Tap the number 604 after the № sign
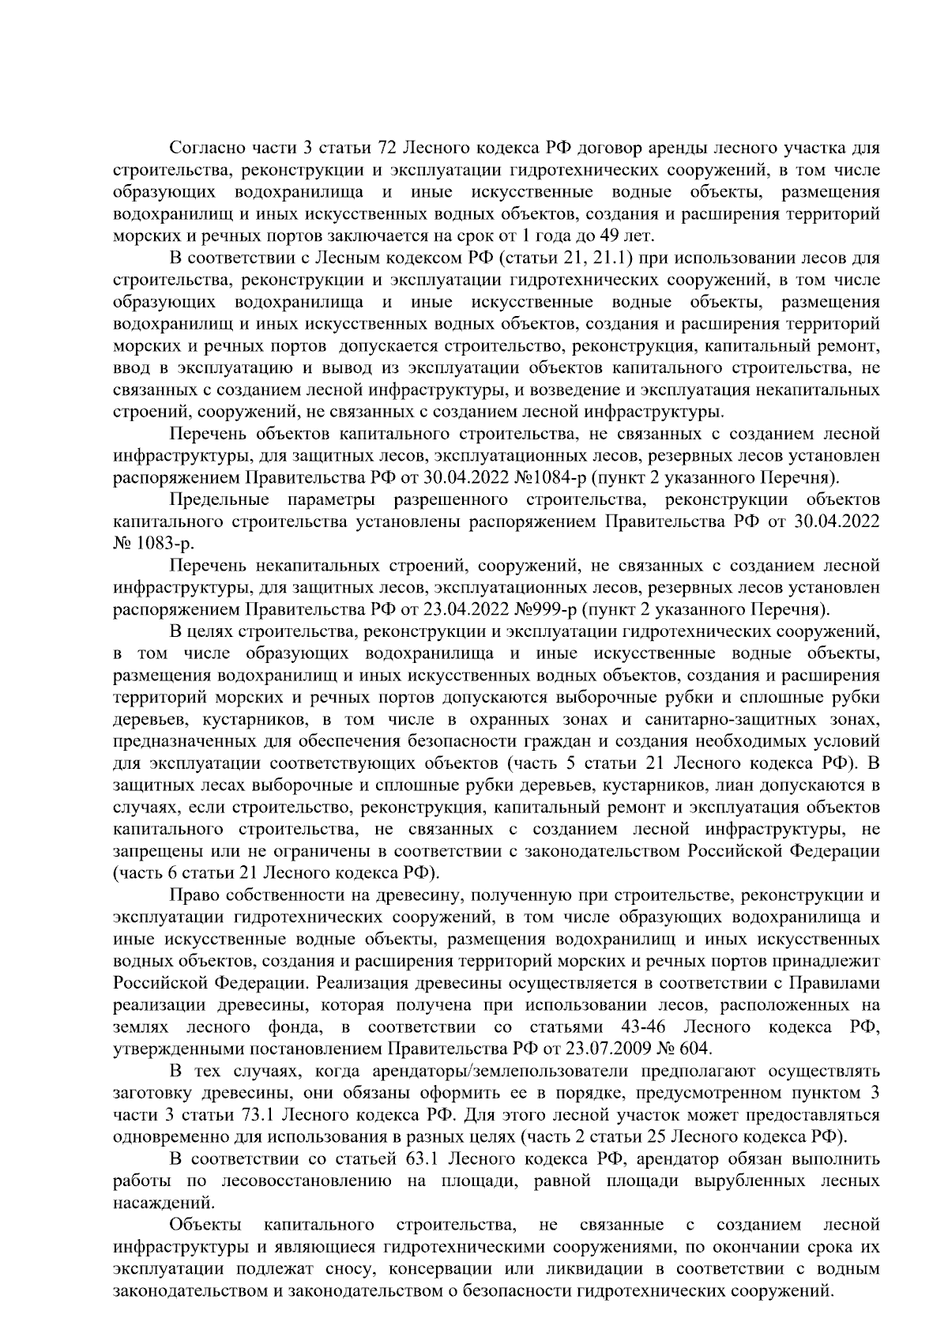pos(694,1049)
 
